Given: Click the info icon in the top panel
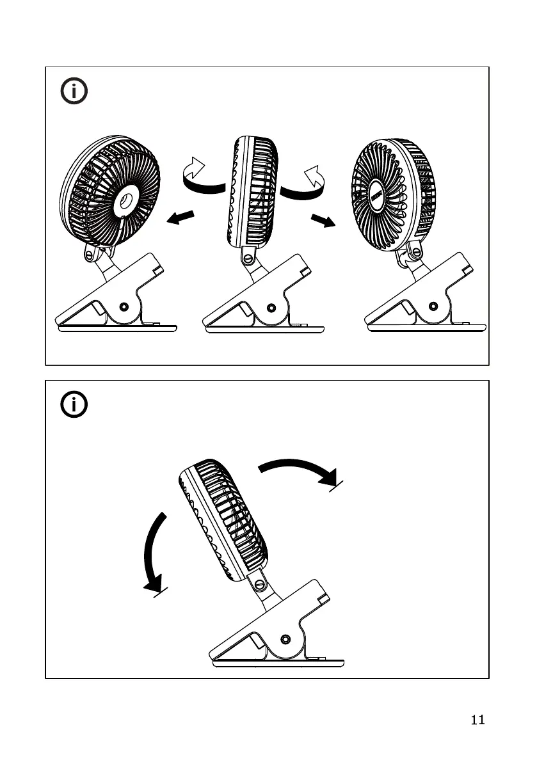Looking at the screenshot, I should coord(75,92).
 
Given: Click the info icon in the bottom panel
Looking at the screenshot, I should coord(75,404).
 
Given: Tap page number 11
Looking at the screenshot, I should coord(477,720).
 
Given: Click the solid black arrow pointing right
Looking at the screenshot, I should coord(322,221).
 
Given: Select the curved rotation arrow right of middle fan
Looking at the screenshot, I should coord(305,181).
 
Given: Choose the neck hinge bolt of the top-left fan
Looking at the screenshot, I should coord(90,255).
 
